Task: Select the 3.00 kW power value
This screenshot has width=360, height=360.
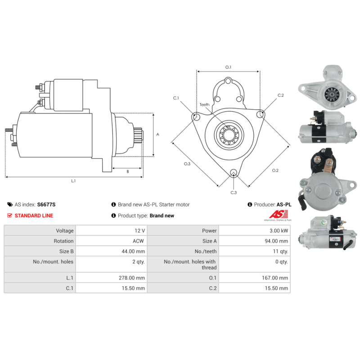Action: pos(279,230)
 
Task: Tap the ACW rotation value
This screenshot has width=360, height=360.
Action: pos(138,241)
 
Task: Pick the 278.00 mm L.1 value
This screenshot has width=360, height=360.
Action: pos(132,278)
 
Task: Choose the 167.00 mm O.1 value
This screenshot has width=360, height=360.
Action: pos(275,278)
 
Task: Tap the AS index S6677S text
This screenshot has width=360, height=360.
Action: pos(35,204)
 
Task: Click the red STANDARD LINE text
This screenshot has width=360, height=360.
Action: pos(34,216)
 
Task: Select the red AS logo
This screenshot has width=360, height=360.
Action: pos(279,214)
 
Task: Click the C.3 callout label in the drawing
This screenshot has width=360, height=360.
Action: pos(234,193)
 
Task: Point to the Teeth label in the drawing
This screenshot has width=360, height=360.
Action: pos(204,105)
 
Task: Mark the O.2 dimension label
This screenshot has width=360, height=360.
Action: pos(275,171)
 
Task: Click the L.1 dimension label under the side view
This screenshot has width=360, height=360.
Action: pos(73,181)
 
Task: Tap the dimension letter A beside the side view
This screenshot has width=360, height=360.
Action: pos(158,134)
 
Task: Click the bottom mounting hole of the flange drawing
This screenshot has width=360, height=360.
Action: pos(234,173)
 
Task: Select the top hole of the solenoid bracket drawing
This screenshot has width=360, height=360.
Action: pos(228,81)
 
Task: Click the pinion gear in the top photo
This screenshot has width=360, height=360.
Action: pos(331,94)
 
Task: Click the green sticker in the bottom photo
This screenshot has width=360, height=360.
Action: pos(324,222)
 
